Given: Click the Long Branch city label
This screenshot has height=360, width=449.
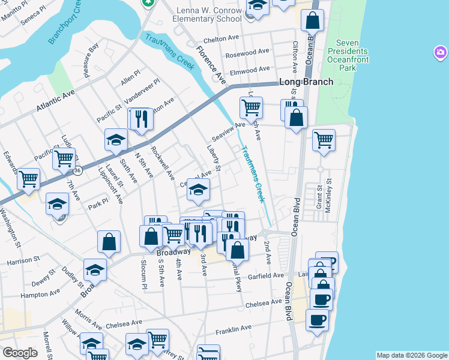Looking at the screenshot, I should tap(305, 82).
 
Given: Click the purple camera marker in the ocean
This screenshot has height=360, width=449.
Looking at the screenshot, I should tap(441, 54).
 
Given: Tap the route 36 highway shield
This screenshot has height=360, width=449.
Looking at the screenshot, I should tap(79, 170).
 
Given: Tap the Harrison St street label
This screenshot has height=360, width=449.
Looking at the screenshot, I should tap(23, 261).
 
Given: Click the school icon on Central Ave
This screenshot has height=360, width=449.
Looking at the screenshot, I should tap(197, 190).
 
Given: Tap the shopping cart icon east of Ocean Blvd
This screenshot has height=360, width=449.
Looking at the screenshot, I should tap(324, 140).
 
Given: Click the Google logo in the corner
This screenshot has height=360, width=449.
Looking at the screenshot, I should tap(20, 353).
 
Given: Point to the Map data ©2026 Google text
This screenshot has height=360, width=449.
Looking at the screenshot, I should tap(411, 355).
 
